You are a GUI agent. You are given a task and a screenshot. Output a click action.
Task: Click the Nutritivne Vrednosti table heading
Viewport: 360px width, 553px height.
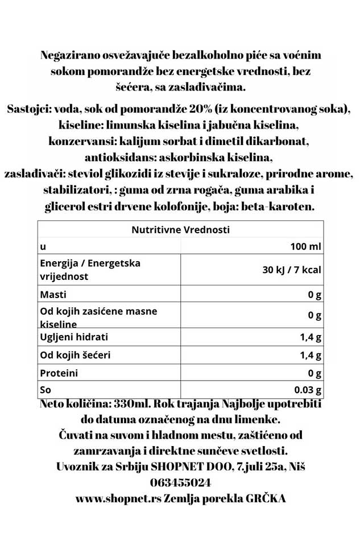point(180,230)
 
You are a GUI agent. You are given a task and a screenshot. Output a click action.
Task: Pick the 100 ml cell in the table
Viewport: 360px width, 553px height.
point(305,247)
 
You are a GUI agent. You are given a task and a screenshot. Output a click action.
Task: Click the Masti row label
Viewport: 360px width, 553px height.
point(53,295)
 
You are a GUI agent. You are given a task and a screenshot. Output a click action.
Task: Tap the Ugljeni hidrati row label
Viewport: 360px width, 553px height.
point(73,337)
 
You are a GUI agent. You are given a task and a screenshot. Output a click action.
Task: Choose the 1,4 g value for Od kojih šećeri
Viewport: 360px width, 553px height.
point(311,356)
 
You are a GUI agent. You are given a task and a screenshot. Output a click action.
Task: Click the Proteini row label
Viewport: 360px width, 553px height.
point(59,374)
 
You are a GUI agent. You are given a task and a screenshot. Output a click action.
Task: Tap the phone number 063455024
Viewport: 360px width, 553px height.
point(180,482)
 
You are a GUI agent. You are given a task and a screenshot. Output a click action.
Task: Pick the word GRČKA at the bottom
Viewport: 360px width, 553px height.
point(265,498)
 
